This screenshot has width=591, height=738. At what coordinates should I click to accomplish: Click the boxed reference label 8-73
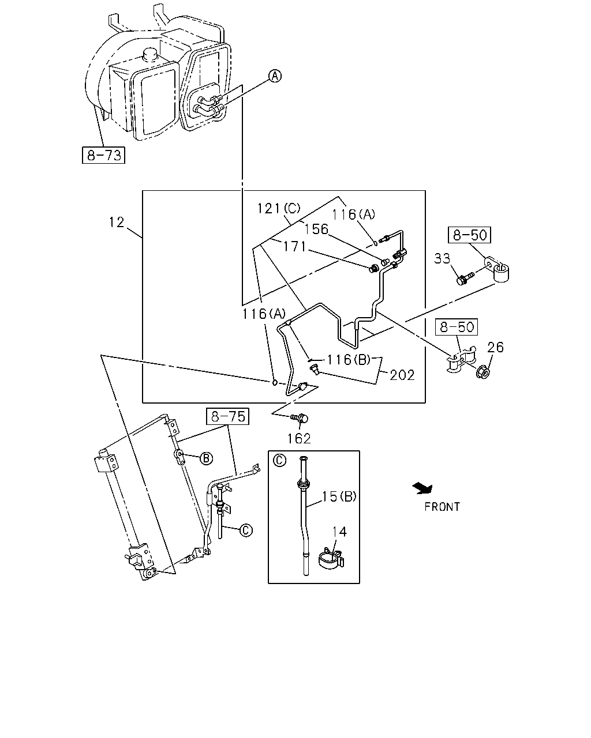click(103, 155)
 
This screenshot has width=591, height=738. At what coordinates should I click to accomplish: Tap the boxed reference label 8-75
click(227, 416)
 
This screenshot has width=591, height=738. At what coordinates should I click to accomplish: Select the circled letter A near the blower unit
click(275, 76)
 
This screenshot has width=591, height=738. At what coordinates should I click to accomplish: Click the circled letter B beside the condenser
click(206, 458)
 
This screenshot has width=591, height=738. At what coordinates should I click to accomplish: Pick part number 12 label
click(116, 222)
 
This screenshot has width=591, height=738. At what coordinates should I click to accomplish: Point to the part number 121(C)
click(279, 208)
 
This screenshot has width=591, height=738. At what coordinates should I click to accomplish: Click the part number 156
click(316, 229)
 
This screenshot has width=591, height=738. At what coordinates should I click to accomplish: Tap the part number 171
click(294, 246)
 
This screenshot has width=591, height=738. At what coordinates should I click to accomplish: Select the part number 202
click(402, 375)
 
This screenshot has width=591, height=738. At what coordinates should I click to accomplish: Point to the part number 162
click(299, 439)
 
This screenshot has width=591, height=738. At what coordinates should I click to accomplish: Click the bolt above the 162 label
click(300, 419)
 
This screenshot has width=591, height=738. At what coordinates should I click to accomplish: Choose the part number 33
click(442, 258)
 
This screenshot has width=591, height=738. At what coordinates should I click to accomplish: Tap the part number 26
click(495, 348)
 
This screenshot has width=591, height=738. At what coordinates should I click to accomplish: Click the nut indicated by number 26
click(483, 372)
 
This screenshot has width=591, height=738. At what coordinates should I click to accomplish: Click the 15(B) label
click(339, 496)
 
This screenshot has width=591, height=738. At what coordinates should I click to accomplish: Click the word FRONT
click(442, 507)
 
